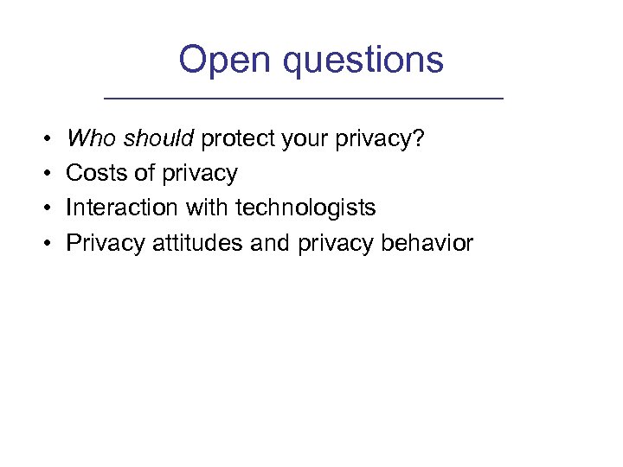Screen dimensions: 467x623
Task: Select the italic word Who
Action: (x=87, y=138)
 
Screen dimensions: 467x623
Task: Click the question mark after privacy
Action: (x=420, y=138)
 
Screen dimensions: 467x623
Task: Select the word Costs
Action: (x=93, y=173)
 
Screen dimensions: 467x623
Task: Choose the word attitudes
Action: (x=198, y=243)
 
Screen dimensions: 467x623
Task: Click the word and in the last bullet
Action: (x=270, y=243)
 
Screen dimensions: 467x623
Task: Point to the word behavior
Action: (x=427, y=243)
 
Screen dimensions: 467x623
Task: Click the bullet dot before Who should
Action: (x=44, y=139)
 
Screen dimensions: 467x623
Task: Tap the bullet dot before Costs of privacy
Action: (x=44, y=174)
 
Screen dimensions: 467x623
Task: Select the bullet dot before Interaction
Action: (x=44, y=208)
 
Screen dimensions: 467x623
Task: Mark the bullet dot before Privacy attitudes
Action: (x=44, y=244)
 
